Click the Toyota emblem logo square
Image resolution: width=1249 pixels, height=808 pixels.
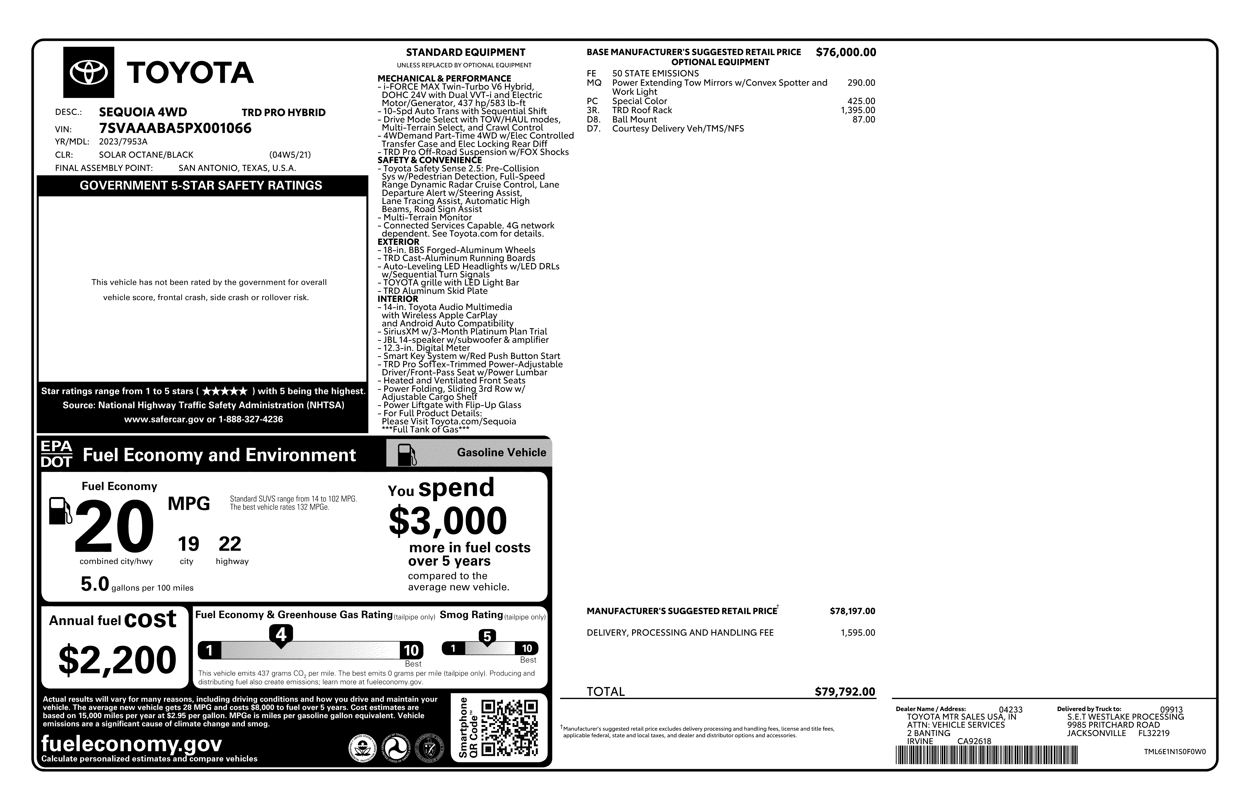click(89, 72)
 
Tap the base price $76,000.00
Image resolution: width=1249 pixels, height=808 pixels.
click(845, 52)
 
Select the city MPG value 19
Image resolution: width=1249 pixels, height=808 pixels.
click(188, 544)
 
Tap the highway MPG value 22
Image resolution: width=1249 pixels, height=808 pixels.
click(230, 544)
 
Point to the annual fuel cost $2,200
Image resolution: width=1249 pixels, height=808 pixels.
click(118, 660)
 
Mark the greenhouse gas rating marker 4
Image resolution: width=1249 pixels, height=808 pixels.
click(281, 635)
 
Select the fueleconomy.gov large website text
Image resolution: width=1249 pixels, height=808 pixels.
click(131, 743)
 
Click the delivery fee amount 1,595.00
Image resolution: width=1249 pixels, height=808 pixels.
click(857, 633)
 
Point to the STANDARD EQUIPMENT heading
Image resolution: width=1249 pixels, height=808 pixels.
click(466, 52)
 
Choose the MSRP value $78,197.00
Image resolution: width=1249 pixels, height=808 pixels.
click(852, 611)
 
